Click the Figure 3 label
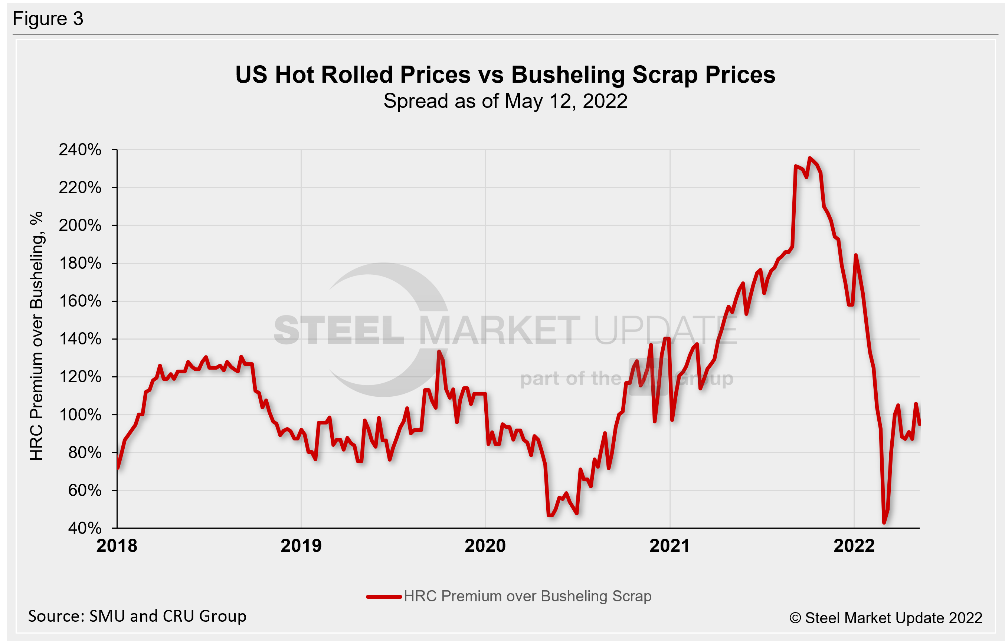[x=48, y=19]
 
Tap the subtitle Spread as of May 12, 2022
[x=505, y=101]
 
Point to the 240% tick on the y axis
[x=80, y=150]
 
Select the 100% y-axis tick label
[x=80, y=415]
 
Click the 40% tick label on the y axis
[x=85, y=528]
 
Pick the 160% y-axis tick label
[x=80, y=301]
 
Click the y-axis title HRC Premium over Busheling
[x=37, y=336]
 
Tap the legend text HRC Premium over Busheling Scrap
[x=527, y=597]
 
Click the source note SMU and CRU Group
[x=137, y=616]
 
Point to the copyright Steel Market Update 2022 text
[x=885, y=618]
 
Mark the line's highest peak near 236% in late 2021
[x=810, y=158]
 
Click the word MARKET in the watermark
[x=499, y=330]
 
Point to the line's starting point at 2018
[x=118, y=468]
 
